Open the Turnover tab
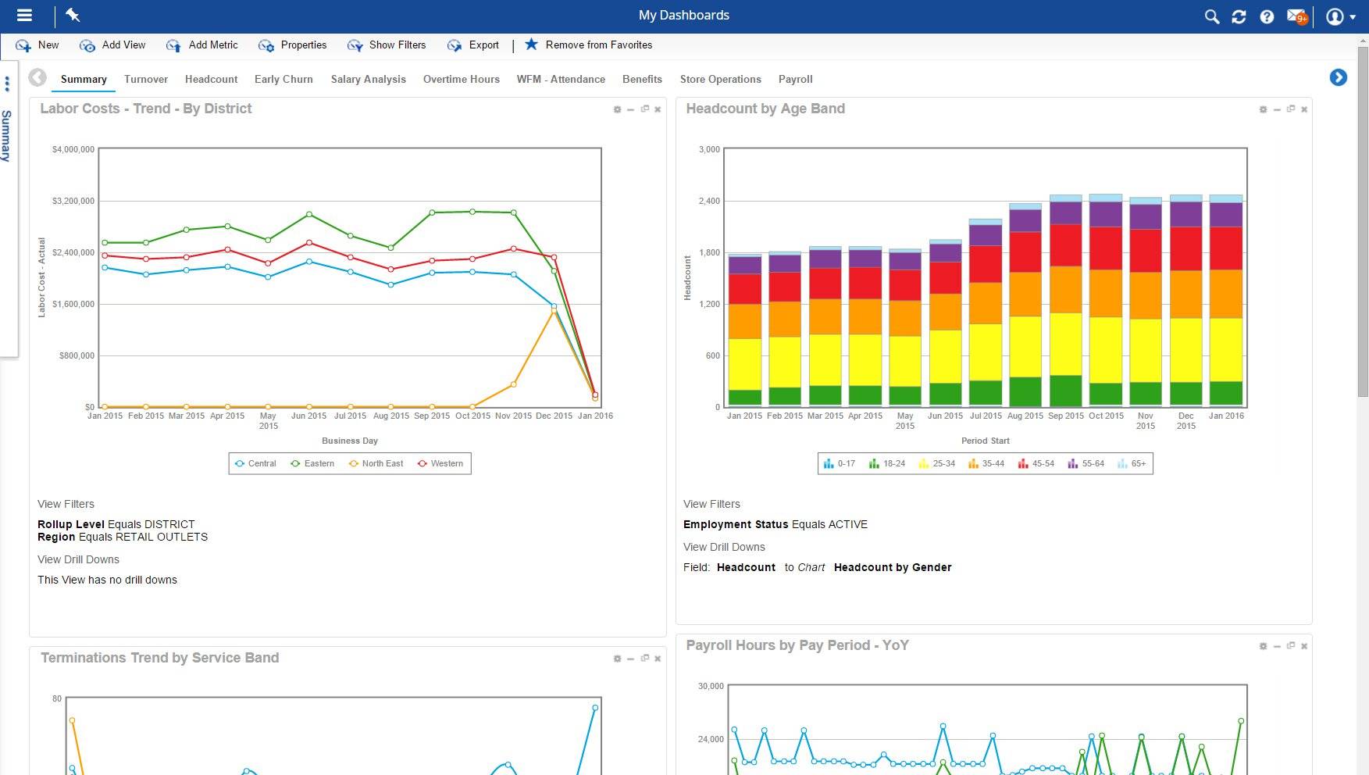(x=145, y=79)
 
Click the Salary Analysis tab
(x=368, y=79)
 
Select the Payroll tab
(x=795, y=79)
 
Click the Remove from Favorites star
(x=531, y=45)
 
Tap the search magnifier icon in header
(x=1211, y=16)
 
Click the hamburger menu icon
(x=24, y=15)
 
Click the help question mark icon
(x=1267, y=16)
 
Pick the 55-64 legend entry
(x=1086, y=463)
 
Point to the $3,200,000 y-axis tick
(x=73, y=201)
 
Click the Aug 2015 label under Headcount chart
(x=1025, y=416)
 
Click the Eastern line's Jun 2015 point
(x=309, y=214)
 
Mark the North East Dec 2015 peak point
(x=554, y=311)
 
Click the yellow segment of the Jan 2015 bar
(x=744, y=363)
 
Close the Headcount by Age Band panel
(x=1304, y=109)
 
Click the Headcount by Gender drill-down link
(x=892, y=567)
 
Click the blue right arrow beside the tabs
(x=1338, y=77)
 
